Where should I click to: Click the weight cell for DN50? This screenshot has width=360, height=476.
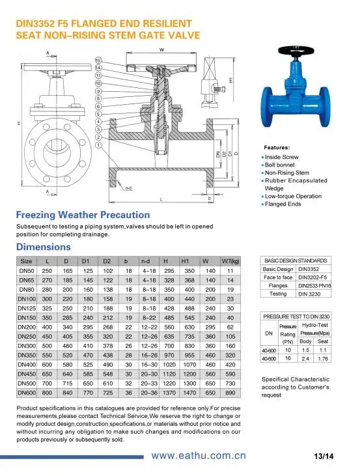click(x=230, y=271)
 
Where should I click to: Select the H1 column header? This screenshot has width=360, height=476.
click(x=185, y=261)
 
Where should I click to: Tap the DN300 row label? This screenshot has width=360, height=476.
click(x=27, y=346)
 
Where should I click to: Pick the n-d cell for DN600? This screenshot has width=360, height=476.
click(x=149, y=393)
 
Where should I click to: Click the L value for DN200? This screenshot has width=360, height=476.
click(x=47, y=328)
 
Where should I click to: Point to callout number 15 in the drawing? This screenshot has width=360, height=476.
click(x=98, y=60)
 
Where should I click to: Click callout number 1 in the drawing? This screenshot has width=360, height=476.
click(x=98, y=145)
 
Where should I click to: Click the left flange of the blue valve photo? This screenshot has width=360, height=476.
click(x=268, y=106)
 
